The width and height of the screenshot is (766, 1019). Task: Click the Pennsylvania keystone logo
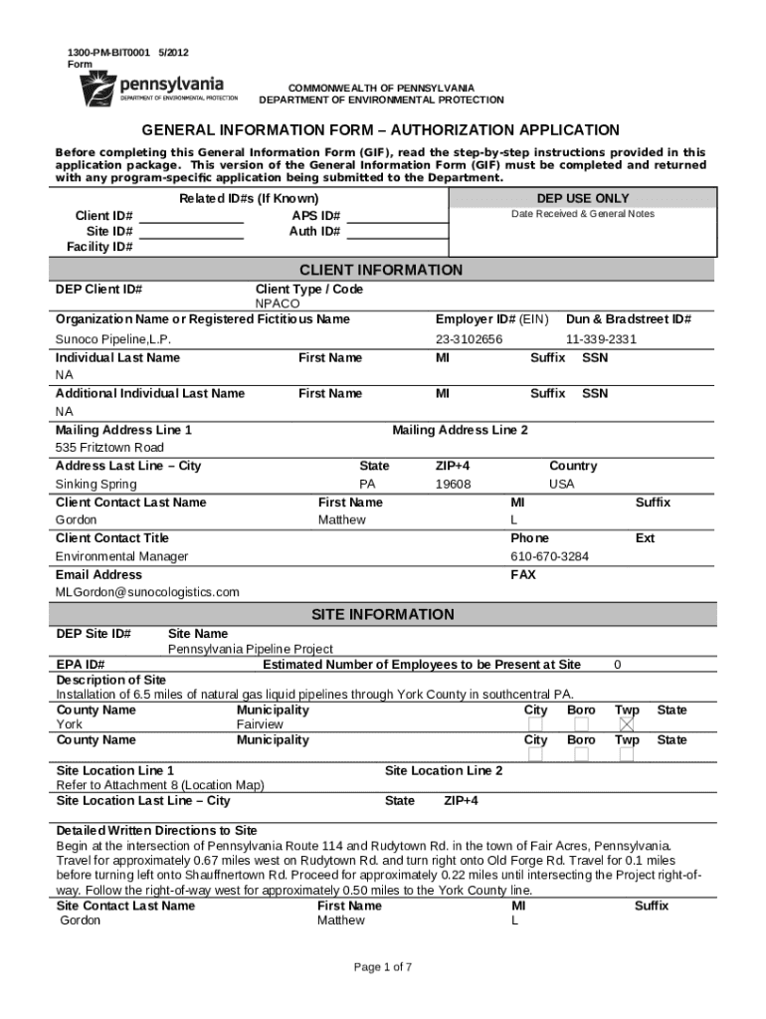click(x=97, y=88)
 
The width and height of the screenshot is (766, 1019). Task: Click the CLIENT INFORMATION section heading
click(x=381, y=271)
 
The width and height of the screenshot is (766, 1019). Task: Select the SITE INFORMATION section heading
click(x=381, y=615)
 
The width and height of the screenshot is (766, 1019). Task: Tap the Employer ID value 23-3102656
click(x=469, y=339)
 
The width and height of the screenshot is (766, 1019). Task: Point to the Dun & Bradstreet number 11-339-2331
click(x=601, y=339)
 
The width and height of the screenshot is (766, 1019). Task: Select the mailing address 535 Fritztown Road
click(x=109, y=448)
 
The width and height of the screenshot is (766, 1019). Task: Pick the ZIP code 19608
click(x=454, y=485)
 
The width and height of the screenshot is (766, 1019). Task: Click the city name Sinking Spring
click(x=96, y=485)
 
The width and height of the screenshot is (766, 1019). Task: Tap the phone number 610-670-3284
click(x=549, y=556)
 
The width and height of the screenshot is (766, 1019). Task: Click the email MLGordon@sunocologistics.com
click(x=147, y=592)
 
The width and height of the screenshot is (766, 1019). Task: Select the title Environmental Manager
click(x=121, y=556)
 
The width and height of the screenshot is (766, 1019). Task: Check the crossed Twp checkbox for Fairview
click(x=627, y=724)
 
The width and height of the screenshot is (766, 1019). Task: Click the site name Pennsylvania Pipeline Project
click(x=250, y=649)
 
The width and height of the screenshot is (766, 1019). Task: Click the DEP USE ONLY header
click(x=583, y=199)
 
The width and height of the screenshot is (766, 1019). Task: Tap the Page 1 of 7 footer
click(x=383, y=967)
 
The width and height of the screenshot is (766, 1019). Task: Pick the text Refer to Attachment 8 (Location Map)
click(x=160, y=785)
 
